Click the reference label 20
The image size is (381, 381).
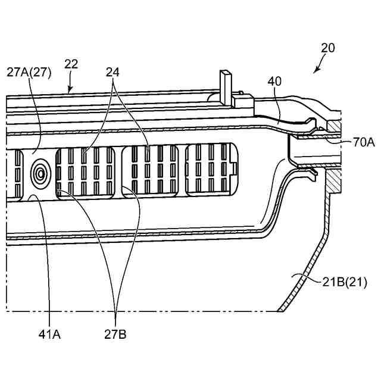coord(327,48)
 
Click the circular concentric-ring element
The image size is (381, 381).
coord(40,173)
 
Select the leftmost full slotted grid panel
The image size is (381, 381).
coord(85,171)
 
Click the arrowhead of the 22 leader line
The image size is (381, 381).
coord(70,92)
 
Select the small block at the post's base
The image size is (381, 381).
coord(243,101)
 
